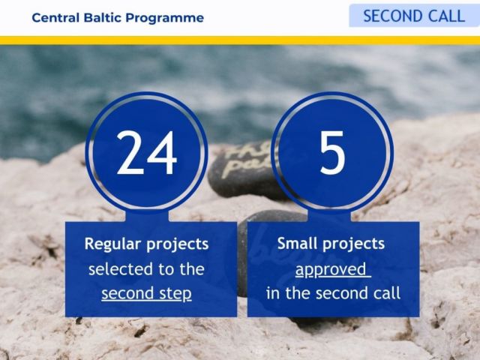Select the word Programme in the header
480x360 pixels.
point(165,18)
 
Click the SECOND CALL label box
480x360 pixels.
point(415,16)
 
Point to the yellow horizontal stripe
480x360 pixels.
point(240,40)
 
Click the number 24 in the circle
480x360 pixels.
point(147,152)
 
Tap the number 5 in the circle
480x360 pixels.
point(332,152)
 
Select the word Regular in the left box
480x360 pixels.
point(113,244)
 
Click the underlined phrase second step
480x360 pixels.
point(147,293)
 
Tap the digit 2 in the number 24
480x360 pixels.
point(130,152)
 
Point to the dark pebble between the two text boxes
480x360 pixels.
point(242,254)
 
